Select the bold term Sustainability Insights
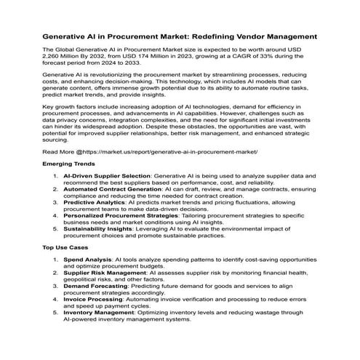click(99, 227)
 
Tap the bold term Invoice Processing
click(95, 297)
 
